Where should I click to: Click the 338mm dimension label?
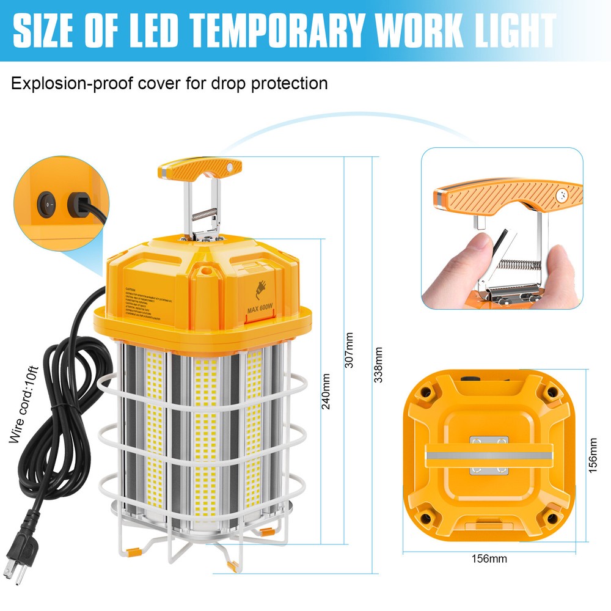(379, 365)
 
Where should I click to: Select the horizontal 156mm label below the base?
(488, 558)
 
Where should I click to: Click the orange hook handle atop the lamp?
(200, 168)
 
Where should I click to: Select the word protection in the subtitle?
(287, 83)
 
